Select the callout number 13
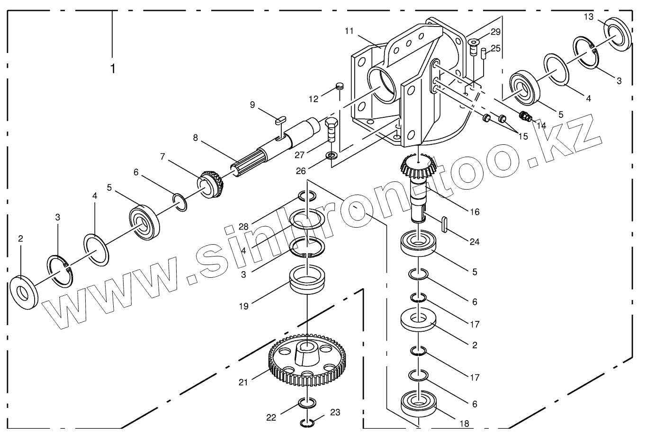(x=588, y=17)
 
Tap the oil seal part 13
(x=619, y=34)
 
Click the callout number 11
(x=349, y=31)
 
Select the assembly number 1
(x=112, y=69)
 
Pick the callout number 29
(x=495, y=32)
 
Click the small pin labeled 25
(x=483, y=53)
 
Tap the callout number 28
(x=243, y=226)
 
